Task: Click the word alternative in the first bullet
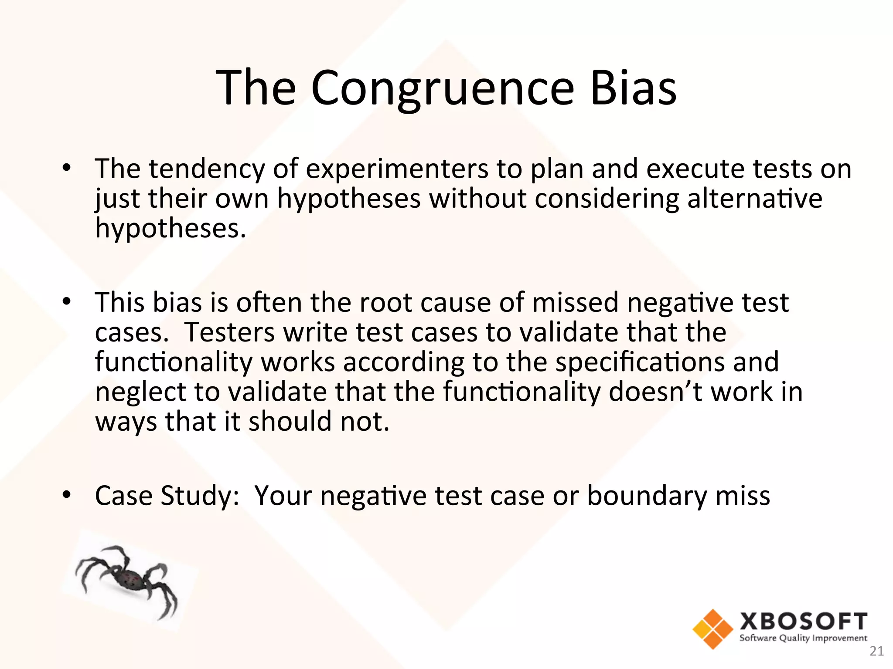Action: pyautogui.click(x=755, y=199)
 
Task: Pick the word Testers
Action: pyautogui.click(x=229, y=332)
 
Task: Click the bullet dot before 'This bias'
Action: pyautogui.click(x=66, y=301)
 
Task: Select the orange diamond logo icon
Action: pyautogui.click(x=712, y=629)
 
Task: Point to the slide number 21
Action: pyautogui.click(x=876, y=651)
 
